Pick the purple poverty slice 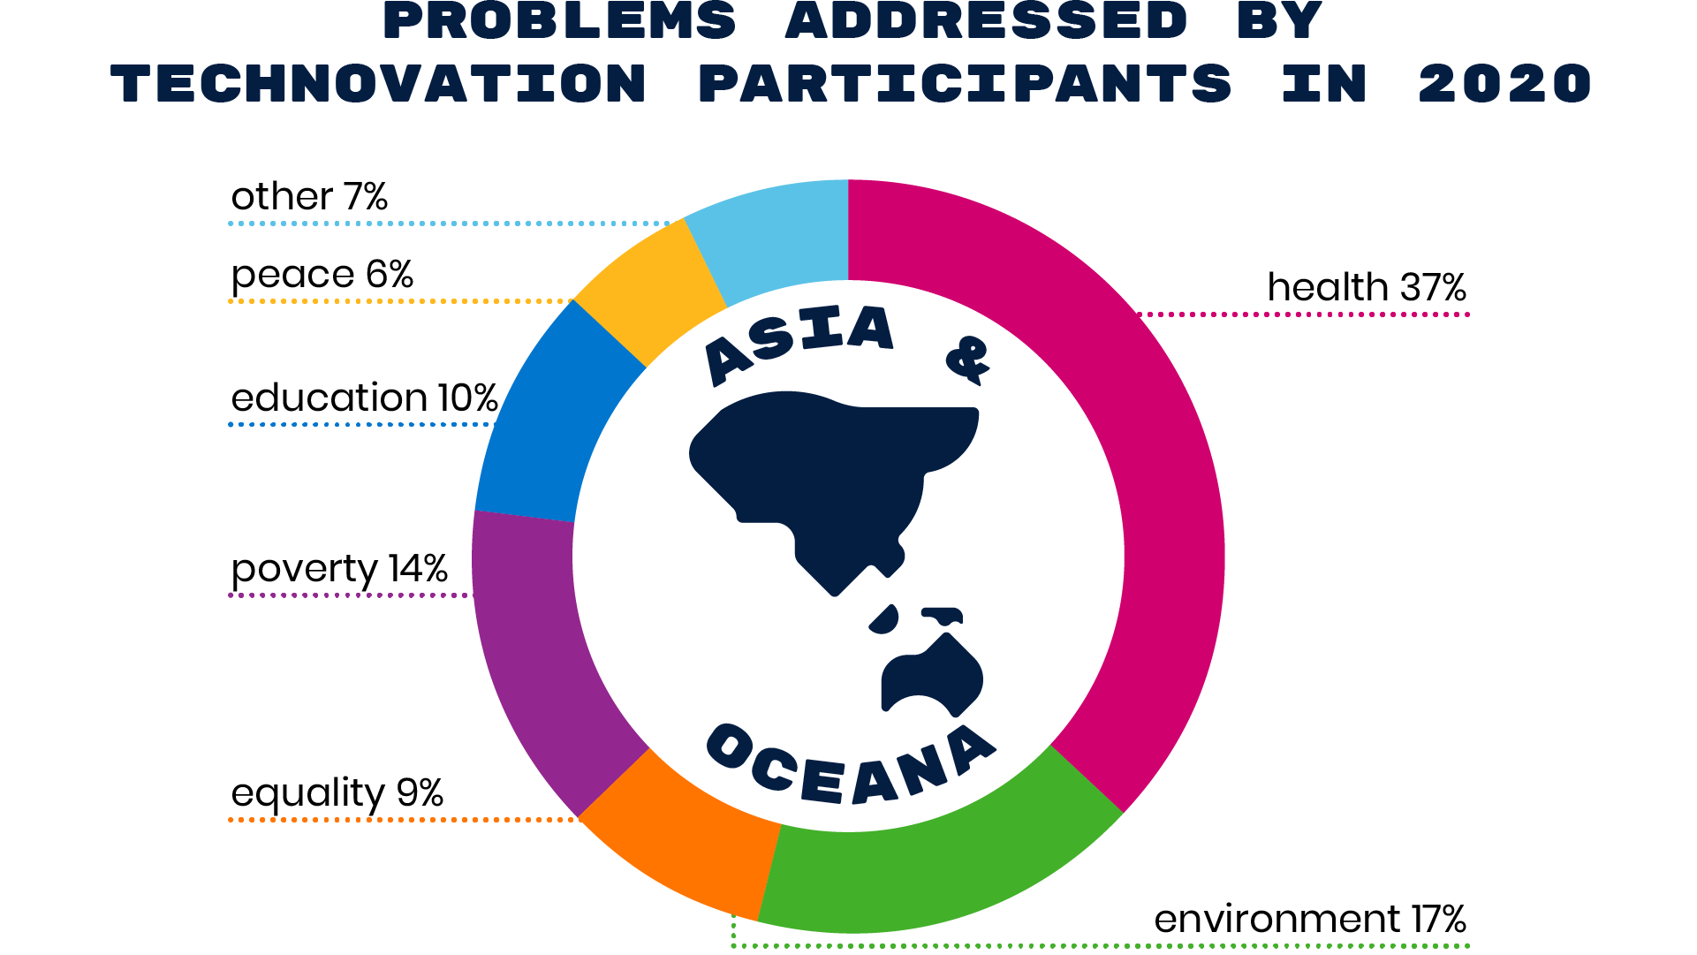click(x=530, y=654)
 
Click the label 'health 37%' click(x=1367, y=288)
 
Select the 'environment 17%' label click(x=1310, y=920)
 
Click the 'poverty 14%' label click(x=339, y=570)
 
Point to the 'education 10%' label click(x=364, y=398)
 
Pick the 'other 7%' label click(x=309, y=196)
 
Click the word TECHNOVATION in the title click(x=379, y=84)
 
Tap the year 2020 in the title click(x=1504, y=84)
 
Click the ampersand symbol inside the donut click(x=968, y=360)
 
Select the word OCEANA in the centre click(x=851, y=764)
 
